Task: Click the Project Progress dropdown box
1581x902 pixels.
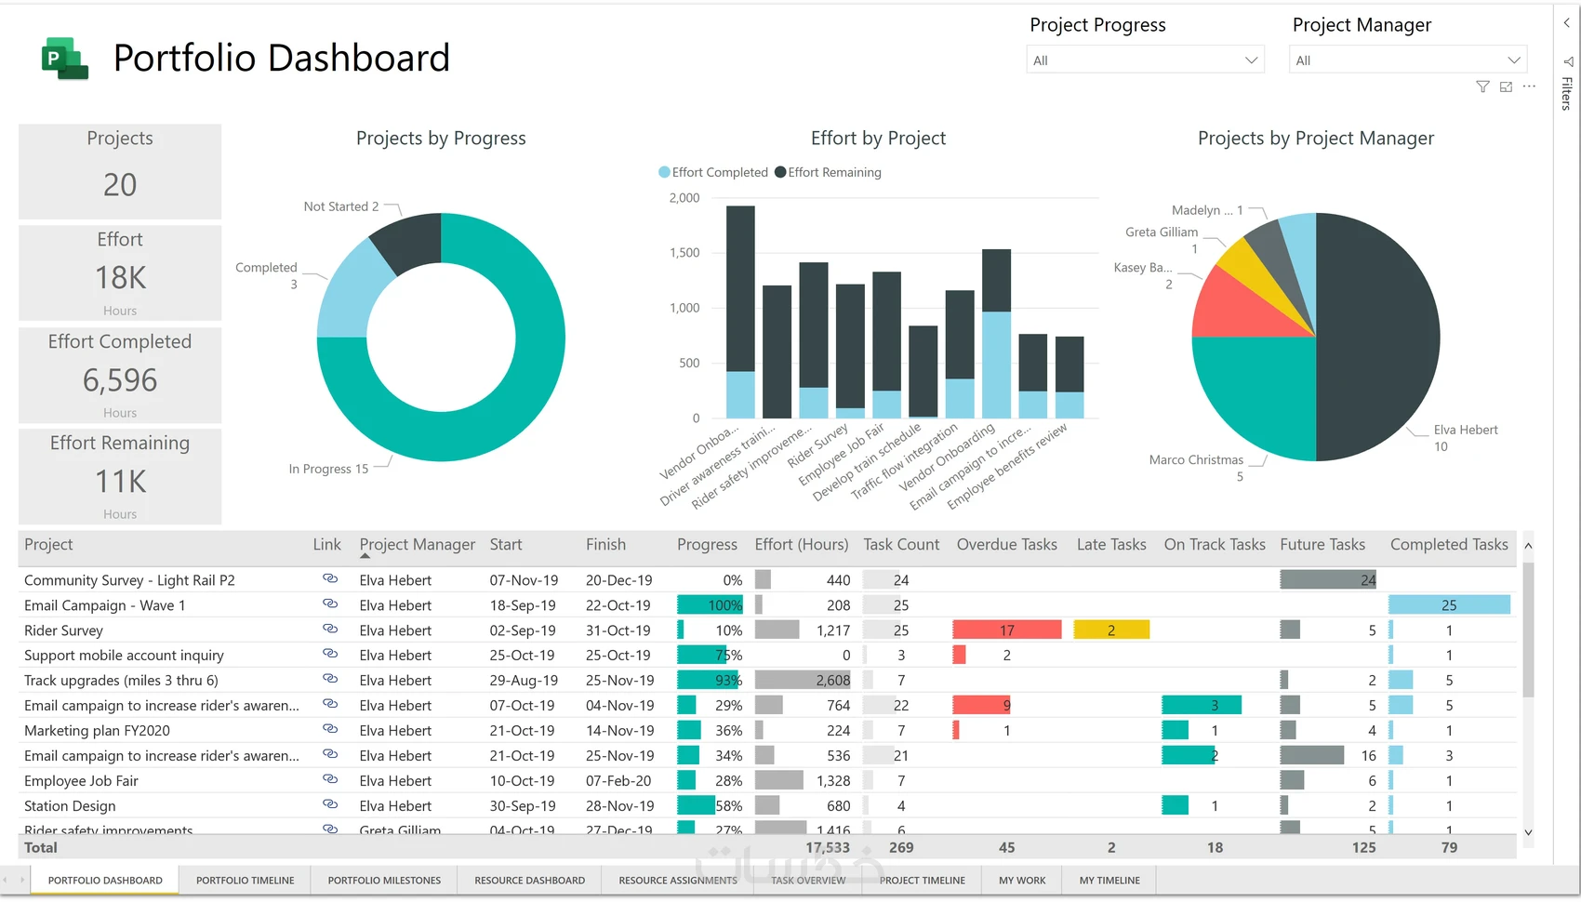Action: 1144,60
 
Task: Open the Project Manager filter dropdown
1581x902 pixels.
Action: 1407,60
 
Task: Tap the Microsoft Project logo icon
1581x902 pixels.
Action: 64,59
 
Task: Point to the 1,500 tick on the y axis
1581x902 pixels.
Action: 684,253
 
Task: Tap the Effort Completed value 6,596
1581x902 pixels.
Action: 120,380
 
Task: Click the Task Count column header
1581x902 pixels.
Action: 900,545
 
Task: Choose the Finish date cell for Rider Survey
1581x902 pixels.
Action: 618,630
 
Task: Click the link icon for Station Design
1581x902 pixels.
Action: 330,804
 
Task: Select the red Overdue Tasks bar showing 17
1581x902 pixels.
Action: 1006,630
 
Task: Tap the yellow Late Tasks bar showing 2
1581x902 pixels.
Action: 1111,630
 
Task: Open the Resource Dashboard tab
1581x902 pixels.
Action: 529,881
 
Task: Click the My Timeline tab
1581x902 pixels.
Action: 1109,881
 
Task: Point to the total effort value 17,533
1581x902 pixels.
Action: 827,848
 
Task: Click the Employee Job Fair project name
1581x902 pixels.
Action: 81,781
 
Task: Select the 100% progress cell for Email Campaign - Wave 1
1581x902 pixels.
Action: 711,605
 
